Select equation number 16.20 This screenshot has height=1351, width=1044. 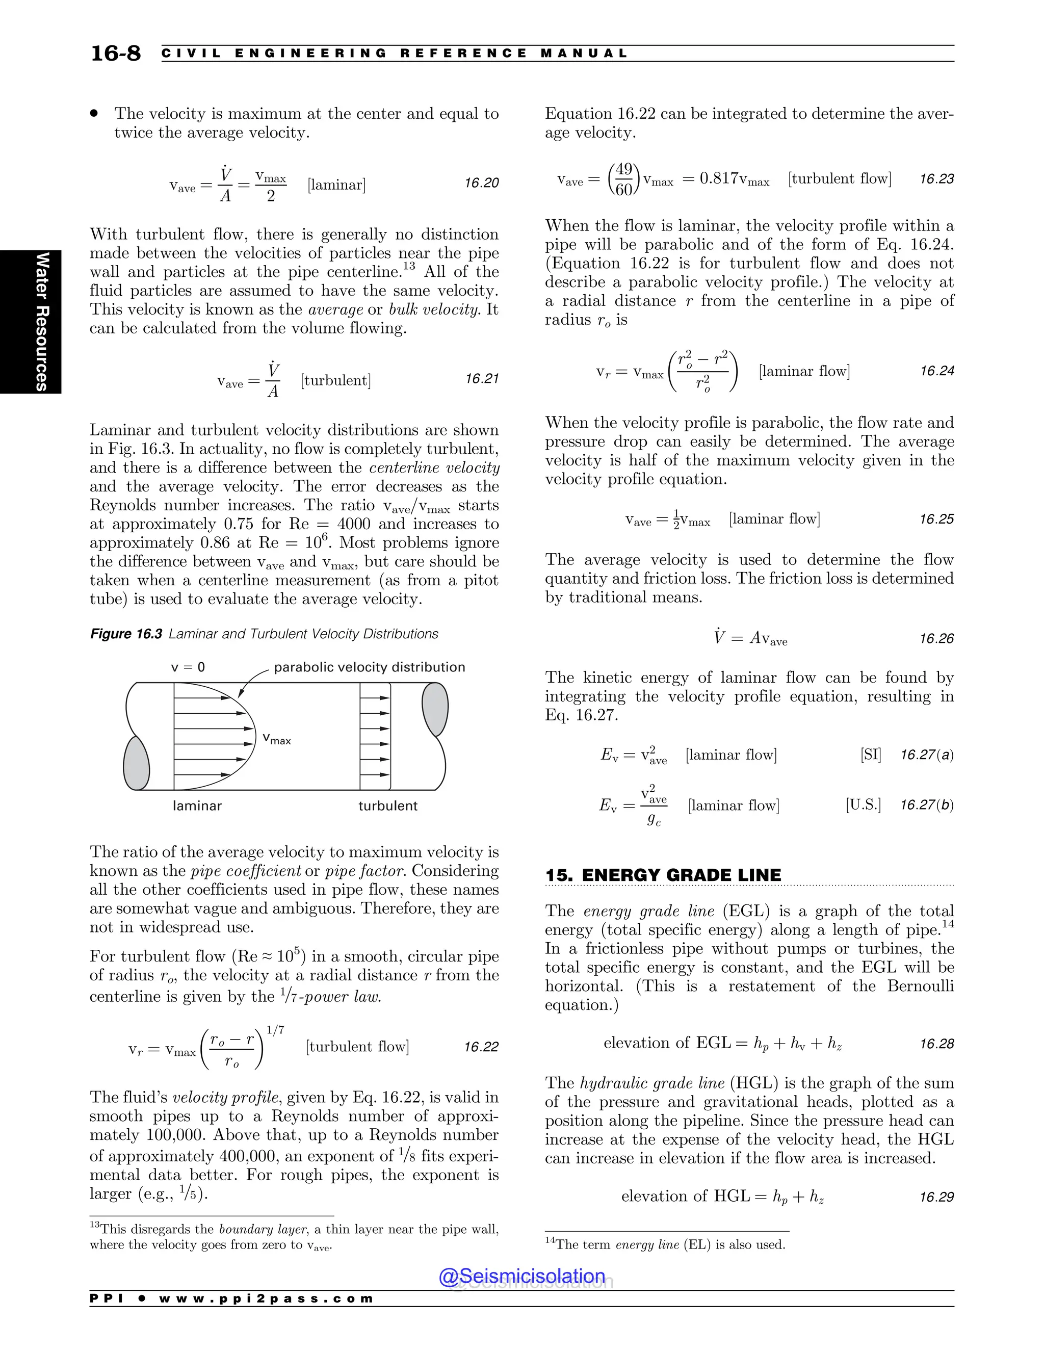(481, 183)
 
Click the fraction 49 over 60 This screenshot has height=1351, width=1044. (624, 179)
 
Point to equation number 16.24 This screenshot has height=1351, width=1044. (936, 371)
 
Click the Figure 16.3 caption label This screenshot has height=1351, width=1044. (126, 634)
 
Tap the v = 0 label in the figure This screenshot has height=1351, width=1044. (188, 667)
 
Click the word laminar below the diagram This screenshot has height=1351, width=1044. (197, 806)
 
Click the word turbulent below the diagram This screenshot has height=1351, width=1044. (388, 806)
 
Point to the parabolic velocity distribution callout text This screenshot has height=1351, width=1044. (369, 667)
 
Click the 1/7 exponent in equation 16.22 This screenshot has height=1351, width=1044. (275, 1030)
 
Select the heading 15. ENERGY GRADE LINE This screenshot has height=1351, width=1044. (663, 875)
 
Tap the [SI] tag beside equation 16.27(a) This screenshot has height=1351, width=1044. (870, 755)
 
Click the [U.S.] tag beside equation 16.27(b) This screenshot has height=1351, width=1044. (863, 805)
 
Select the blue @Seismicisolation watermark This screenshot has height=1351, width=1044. (522, 1276)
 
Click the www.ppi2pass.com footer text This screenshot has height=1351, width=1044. (266, 1298)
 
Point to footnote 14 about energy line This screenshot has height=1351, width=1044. (665, 1244)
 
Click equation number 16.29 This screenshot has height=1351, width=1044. (936, 1197)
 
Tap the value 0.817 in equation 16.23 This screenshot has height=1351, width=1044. (719, 179)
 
